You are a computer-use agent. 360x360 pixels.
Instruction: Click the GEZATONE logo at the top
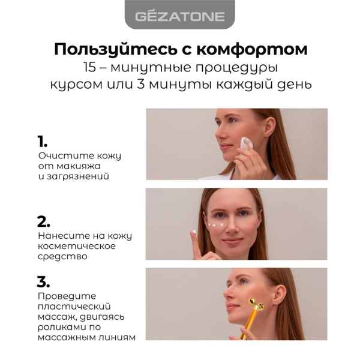click(180, 17)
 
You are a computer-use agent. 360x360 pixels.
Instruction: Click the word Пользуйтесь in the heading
click(116, 49)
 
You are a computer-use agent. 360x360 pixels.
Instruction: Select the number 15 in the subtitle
click(89, 67)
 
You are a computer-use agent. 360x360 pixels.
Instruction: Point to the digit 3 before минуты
click(140, 84)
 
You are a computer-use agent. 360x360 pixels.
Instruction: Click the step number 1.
click(42, 141)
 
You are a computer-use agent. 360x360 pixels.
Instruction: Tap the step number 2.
click(43, 221)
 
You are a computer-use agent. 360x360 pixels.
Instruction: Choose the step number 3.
click(43, 282)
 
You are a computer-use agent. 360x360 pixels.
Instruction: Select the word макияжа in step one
click(78, 166)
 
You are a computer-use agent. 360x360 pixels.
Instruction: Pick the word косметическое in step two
click(77, 246)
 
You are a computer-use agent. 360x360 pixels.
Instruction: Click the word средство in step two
click(62, 256)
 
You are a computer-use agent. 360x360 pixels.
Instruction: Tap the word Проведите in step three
click(67, 296)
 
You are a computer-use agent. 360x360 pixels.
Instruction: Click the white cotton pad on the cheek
click(246, 143)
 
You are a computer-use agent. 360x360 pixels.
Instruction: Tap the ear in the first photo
click(269, 127)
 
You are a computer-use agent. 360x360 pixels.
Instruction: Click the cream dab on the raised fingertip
click(194, 232)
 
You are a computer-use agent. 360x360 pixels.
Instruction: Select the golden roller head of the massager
click(256, 304)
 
